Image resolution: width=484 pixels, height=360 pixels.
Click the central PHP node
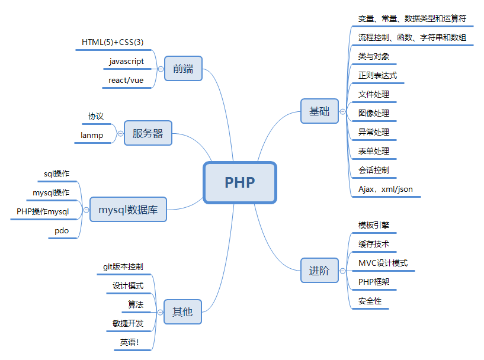pyautogui.click(x=240, y=182)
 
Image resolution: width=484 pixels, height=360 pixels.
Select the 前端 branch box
pyautogui.click(x=184, y=69)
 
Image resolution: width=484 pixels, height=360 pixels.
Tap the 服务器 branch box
pyautogui.click(x=148, y=133)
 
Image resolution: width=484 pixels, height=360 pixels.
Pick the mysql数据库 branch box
pyautogui.click(x=128, y=210)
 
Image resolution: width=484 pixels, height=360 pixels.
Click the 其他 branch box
pyautogui.click(x=182, y=312)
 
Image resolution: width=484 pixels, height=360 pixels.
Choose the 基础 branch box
pyautogui.click(x=319, y=111)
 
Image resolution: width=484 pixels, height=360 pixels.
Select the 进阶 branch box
pyautogui.click(x=319, y=271)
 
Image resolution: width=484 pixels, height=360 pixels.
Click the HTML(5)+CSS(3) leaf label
pyautogui.click(x=113, y=42)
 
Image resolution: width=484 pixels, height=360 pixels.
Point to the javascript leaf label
pyautogui.click(x=127, y=62)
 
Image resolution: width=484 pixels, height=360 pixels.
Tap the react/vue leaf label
pyautogui.click(x=126, y=81)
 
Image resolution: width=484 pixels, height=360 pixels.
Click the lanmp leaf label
pyautogui.click(x=92, y=136)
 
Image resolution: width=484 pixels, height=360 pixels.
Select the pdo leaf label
pyautogui.click(x=62, y=231)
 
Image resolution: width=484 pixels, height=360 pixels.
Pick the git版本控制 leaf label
pyautogui.click(x=123, y=266)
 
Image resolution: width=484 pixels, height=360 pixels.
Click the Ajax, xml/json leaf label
pyautogui.click(x=386, y=189)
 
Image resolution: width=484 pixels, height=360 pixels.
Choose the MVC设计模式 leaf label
pyautogui.click(x=383, y=263)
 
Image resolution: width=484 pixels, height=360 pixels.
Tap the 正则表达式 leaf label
pyautogui.click(x=377, y=75)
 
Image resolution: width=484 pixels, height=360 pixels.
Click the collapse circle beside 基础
pyautogui.click(x=342, y=111)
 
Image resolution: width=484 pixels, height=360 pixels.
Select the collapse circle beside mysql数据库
pyautogui.click(x=86, y=210)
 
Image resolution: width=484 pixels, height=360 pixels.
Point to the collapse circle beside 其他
pyautogui.click(x=160, y=312)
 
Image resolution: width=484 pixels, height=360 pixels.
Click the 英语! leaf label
pyautogui.click(x=130, y=342)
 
